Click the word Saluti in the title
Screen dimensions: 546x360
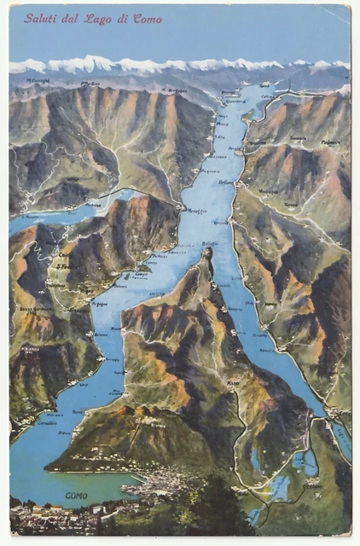coord(41,18)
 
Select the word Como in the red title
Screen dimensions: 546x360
coord(147,18)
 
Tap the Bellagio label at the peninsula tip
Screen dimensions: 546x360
coord(209,244)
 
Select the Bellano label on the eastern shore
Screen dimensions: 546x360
coord(225,183)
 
